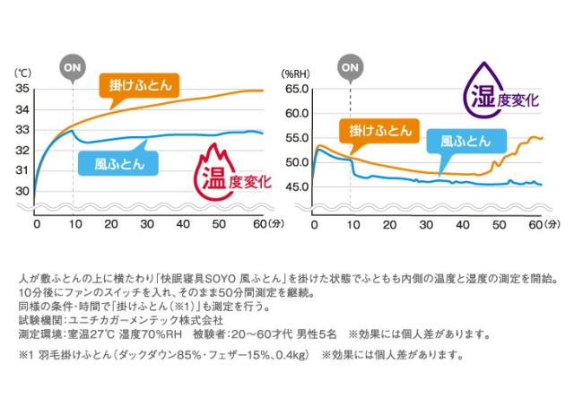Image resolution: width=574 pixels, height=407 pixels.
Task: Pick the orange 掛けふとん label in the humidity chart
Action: click(x=376, y=130)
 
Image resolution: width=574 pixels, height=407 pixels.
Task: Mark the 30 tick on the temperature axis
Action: click(x=22, y=191)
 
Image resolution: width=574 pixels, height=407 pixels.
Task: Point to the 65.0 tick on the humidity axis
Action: click(x=296, y=90)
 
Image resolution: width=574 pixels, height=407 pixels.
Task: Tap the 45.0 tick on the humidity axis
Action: click(x=296, y=186)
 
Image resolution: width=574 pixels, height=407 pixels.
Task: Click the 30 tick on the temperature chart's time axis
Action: click(x=147, y=223)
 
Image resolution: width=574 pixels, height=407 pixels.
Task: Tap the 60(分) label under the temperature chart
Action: click(x=266, y=223)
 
